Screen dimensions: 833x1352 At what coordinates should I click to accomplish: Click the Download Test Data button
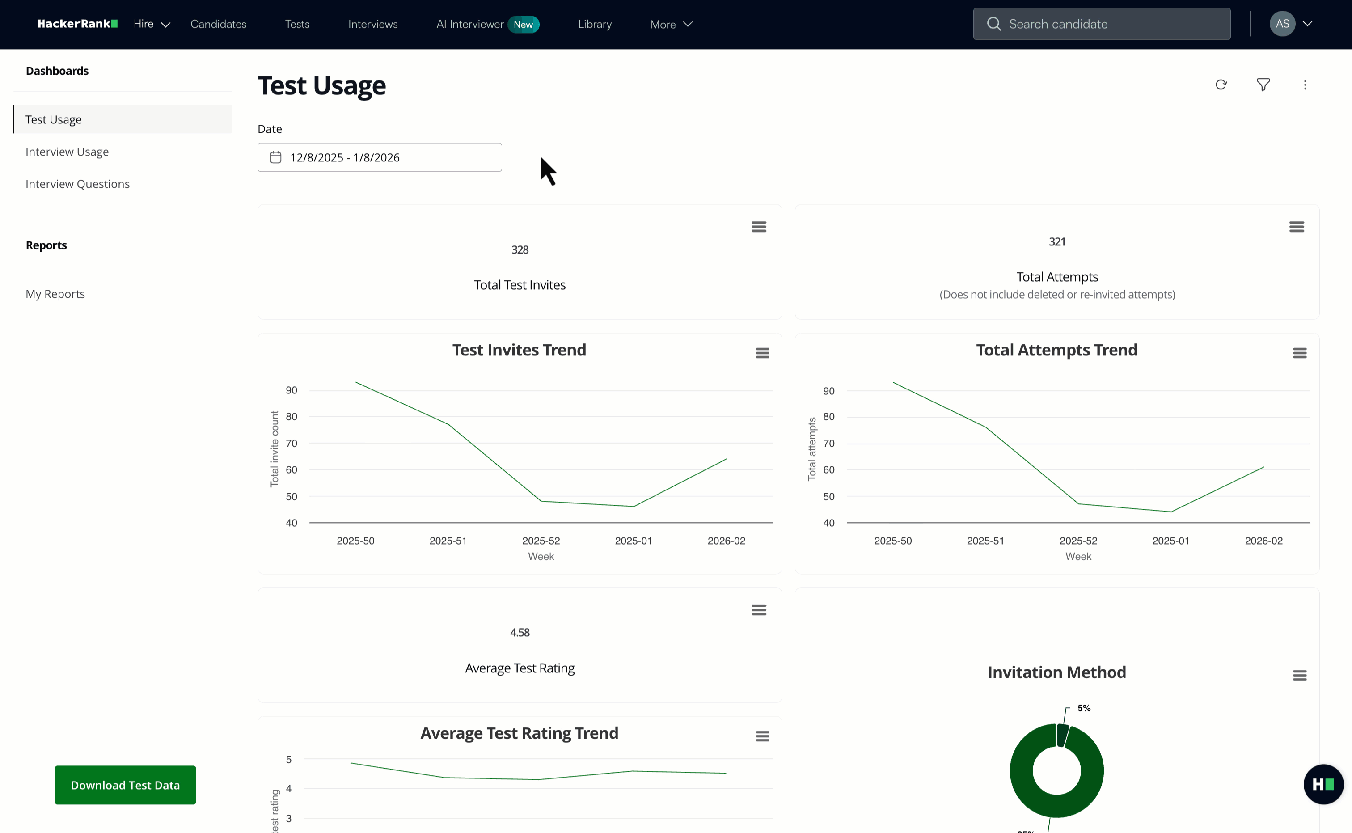[125, 785]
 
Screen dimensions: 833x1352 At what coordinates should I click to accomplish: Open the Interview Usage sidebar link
[67, 152]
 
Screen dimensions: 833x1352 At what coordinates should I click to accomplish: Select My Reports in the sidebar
[55, 294]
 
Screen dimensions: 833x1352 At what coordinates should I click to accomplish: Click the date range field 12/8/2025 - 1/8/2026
[380, 157]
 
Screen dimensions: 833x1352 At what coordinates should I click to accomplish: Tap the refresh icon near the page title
[1221, 85]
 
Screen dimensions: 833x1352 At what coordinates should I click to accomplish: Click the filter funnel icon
[1263, 85]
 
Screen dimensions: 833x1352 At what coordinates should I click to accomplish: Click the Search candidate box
[1102, 24]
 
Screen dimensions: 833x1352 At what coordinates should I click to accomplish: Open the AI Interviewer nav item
[470, 24]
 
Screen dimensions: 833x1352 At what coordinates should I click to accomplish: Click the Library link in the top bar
[595, 24]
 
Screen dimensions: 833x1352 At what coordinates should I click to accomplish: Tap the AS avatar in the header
[1282, 24]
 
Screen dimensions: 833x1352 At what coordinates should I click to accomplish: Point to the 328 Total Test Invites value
[520, 249]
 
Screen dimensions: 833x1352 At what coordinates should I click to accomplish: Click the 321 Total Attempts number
[1057, 242]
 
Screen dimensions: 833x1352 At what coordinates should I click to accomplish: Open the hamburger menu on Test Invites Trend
[762, 353]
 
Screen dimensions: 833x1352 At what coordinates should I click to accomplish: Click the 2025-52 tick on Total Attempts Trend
[1078, 541]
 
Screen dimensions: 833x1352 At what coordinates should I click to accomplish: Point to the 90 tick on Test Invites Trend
[292, 390]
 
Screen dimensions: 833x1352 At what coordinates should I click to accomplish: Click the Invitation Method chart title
[1056, 672]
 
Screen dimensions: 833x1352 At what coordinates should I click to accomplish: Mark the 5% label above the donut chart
[1084, 708]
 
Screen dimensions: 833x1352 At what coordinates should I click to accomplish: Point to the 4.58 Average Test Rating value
[520, 632]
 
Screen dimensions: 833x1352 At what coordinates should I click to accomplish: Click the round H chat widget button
[1323, 784]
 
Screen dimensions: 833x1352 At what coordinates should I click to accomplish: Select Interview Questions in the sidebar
[78, 184]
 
